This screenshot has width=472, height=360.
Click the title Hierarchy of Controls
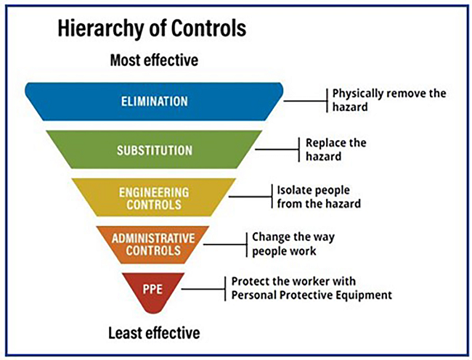[x=152, y=29]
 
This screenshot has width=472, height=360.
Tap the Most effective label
[x=154, y=60]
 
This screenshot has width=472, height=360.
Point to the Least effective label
[x=154, y=333]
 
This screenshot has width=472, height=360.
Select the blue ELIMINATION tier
[x=154, y=102]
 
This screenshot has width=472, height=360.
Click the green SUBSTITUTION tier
[x=154, y=150]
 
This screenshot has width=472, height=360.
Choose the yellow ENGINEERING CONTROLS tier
[x=154, y=197]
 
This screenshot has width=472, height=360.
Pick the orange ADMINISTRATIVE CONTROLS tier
[x=153, y=245]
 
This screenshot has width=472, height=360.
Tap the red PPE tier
[x=153, y=291]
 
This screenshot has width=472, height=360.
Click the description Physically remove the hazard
[x=389, y=100]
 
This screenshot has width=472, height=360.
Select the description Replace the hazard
[x=336, y=150]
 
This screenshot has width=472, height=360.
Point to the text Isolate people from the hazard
[x=319, y=197]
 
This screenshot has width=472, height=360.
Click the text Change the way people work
[x=293, y=244]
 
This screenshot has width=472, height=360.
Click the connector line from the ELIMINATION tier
[x=305, y=101]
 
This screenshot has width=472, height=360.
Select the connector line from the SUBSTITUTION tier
[x=277, y=150]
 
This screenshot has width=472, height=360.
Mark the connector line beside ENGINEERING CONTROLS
[x=251, y=197]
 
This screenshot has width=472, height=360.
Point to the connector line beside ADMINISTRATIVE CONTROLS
[x=225, y=245]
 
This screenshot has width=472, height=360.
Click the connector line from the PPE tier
[x=203, y=289]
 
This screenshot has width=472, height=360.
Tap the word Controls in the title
[x=209, y=29]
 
